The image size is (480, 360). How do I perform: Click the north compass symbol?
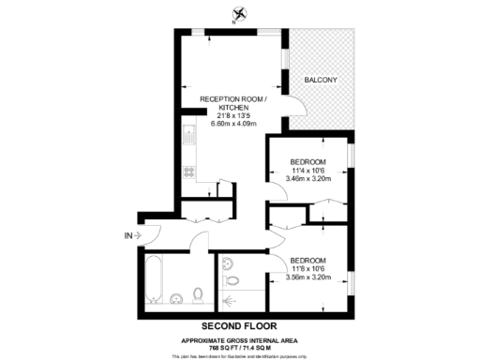[241, 13]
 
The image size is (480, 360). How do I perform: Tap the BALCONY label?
[321, 80]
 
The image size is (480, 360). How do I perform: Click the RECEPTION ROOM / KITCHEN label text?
[234, 103]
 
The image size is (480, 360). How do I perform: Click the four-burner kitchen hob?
[187, 172]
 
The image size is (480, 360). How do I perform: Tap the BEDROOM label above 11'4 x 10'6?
[308, 160]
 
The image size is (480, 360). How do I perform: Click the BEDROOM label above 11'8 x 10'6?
[308, 260]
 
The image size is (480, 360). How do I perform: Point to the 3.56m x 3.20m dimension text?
[308, 277]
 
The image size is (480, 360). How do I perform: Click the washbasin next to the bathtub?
[177, 299]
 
